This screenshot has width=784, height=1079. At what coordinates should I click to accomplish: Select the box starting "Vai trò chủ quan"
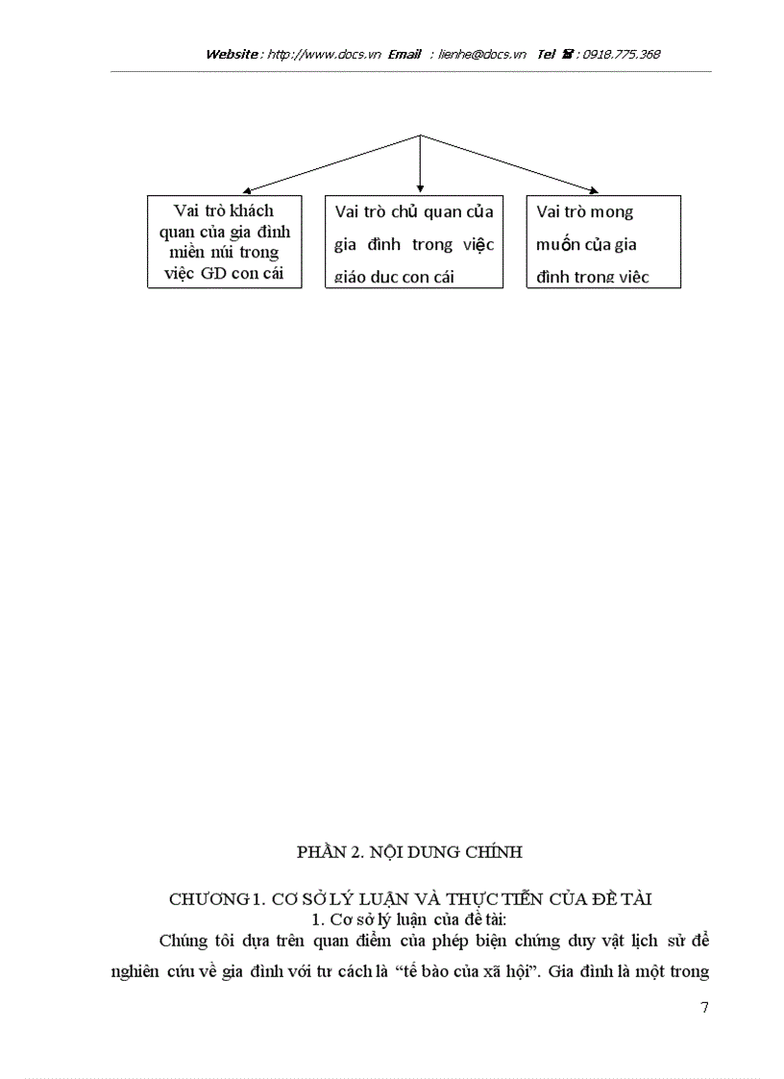[414, 242]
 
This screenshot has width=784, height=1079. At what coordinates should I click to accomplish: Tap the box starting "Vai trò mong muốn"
[603, 242]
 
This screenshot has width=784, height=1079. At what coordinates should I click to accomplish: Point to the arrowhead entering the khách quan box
[247, 191]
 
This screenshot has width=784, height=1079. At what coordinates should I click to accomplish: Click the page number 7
[705, 1008]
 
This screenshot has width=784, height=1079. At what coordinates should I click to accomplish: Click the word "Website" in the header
[231, 54]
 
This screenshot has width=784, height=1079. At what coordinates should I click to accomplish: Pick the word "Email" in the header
[404, 54]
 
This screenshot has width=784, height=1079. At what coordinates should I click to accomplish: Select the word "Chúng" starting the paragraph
[182, 939]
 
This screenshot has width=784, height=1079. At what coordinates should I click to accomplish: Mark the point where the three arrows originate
[420, 135]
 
